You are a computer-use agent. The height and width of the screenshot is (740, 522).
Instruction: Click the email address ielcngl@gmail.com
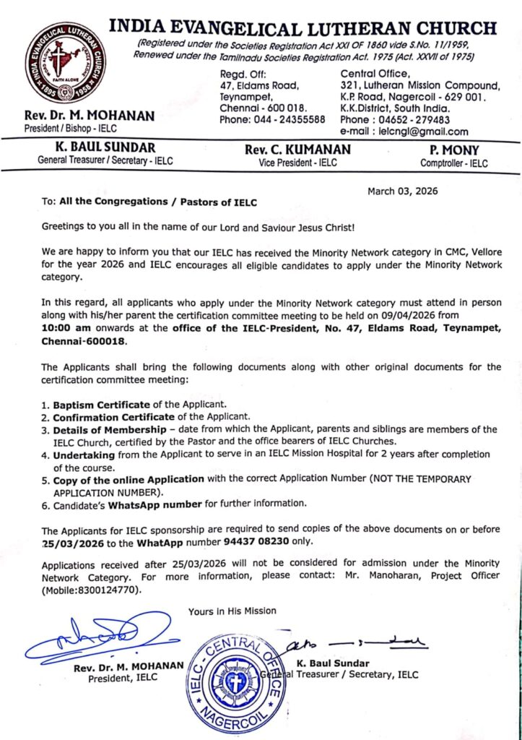pos(421,132)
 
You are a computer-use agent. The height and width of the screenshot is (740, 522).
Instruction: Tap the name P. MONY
pos(453,150)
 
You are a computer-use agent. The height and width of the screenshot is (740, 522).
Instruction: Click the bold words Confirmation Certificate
pos(113,416)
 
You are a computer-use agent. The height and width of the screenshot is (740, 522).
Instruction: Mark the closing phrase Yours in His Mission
pos(232,611)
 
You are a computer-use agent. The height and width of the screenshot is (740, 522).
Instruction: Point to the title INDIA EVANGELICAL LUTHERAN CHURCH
pos(303,28)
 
